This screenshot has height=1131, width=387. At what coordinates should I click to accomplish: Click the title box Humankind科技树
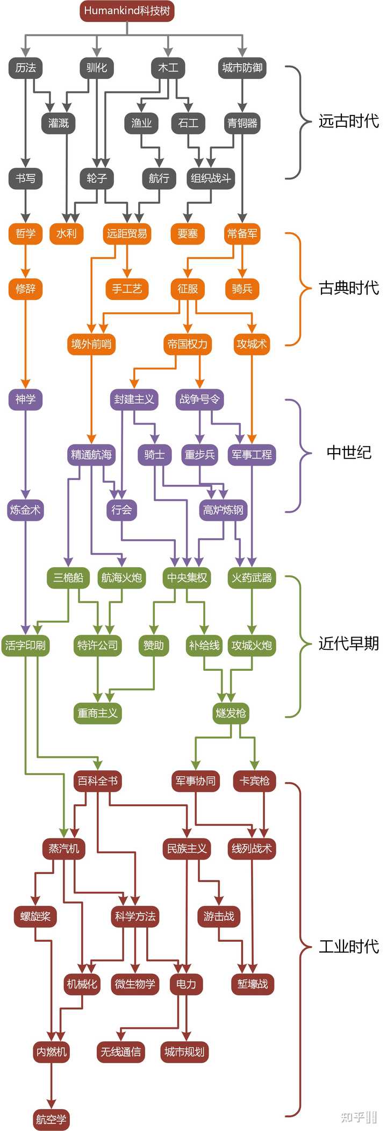(127, 11)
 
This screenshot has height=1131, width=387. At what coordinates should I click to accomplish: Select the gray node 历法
(25, 68)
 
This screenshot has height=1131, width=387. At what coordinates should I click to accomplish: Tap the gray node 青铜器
(242, 123)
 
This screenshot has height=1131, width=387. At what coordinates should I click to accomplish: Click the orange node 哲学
(25, 233)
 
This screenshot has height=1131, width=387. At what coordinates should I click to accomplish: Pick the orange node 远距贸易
(127, 233)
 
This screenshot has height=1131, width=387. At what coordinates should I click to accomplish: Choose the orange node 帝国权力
(187, 344)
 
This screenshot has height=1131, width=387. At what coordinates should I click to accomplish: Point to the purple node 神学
(25, 399)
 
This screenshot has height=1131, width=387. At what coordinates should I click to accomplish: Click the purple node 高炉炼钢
(223, 510)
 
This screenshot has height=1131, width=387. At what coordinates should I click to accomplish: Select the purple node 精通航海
(91, 455)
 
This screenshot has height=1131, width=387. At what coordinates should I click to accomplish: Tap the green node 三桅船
(68, 578)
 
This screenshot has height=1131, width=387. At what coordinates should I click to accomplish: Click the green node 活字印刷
(25, 645)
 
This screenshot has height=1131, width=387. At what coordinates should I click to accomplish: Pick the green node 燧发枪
(231, 713)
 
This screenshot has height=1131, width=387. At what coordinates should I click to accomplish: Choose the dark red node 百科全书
(97, 781)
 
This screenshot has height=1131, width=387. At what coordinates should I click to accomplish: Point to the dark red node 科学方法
(135, 916)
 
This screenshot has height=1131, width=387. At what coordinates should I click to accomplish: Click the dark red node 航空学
(51, 1119)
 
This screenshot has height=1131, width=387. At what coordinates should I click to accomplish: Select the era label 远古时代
(348, 121)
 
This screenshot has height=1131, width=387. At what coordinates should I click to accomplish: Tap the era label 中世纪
(348, 453)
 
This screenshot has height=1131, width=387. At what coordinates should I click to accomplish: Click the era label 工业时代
(348, 946)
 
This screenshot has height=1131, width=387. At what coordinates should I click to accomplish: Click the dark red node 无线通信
(121, 1051)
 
